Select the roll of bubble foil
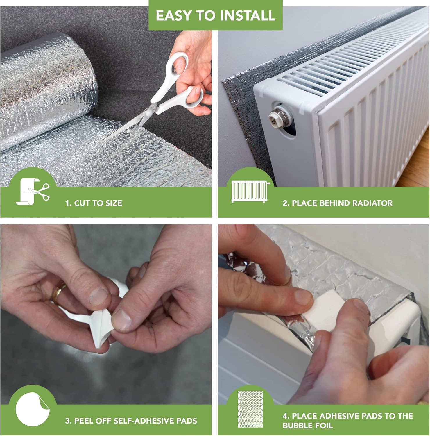click(x=44, y=87)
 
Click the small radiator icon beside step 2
click(x=250, y=191)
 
